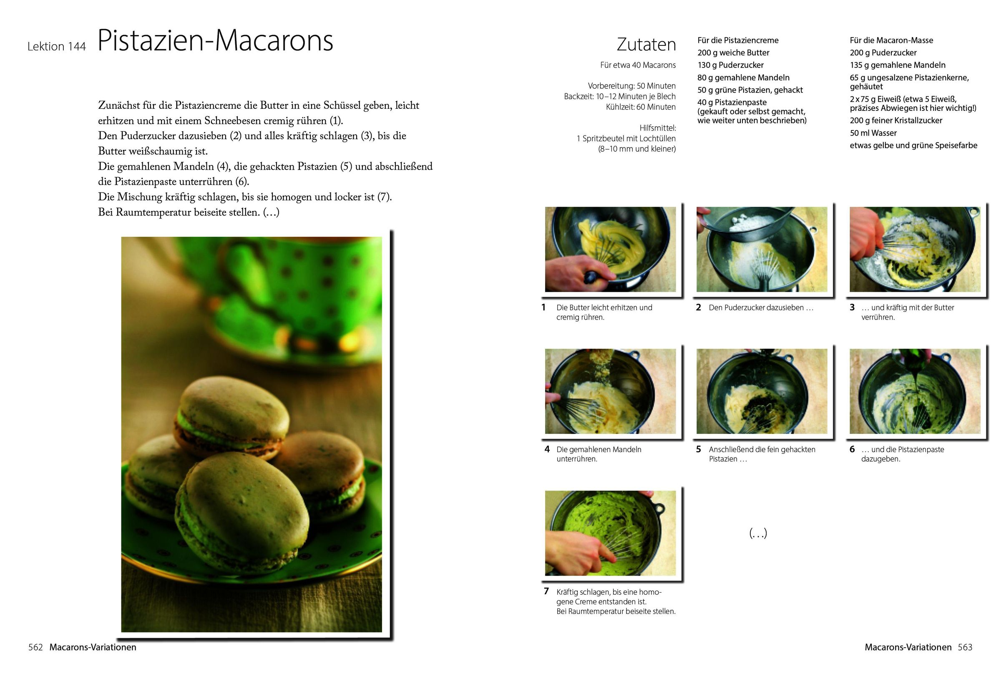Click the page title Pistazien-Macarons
point(215,41)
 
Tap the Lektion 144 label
point(57,47)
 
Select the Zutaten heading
point(646,44)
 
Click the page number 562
point(35,647)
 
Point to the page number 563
point(965,647)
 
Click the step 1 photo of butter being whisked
point(610,249)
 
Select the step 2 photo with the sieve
point(762,249)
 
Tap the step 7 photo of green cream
point(610,533)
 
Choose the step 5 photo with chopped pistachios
point(762,391)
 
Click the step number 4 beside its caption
point(547,449)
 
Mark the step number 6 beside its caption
point(852,449)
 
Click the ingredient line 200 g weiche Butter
point(734,53)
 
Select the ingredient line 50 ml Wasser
point(873,133)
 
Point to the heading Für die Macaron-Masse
point(891,40)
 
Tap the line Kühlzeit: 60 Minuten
point(641,107)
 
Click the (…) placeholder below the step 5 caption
point(758,533)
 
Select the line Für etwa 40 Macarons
point(638,65)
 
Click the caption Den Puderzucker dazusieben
point(761,308)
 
